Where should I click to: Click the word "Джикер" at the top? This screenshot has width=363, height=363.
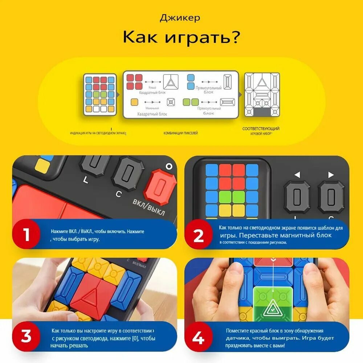click(x=180, y=18)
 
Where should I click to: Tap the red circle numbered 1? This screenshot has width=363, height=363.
click(x=26, y=234)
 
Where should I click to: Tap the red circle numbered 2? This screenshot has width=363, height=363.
click(x=199, y=236)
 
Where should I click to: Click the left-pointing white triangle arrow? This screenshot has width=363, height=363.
click(x=297, y=175)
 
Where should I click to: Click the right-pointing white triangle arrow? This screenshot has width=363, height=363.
click(x=331, y=175)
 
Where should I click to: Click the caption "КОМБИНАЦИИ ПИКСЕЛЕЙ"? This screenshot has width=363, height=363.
click(x=180, y=133)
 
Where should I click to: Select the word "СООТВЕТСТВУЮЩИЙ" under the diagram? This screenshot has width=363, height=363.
click(x=261, y=129)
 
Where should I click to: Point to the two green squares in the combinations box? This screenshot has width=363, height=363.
click(x=191, y=102)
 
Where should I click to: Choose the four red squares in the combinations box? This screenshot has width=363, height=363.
click(x=134, y=82)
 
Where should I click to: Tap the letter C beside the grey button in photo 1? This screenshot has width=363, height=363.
click(x=118, y=194)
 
